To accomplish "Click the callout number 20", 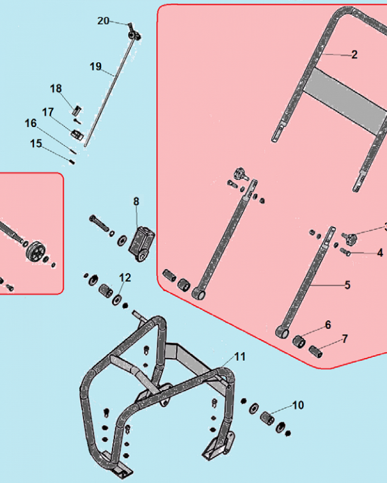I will (x=104, y=21).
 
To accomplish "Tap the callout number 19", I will (x=95, y=66).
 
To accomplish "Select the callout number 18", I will (x=56, y=89).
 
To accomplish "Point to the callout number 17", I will (x=47, y=113).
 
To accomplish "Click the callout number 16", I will (x=30, y=124).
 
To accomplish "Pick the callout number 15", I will (x=36, y=143).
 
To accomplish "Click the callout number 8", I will (x=136, y=201).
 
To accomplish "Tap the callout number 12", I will (x=125, y=278).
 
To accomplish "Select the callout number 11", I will (x=240, y=357).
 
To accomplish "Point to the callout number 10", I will (x=298, y=405).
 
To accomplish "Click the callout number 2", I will (x=354, y=55).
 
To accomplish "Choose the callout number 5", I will (x=347, y=285).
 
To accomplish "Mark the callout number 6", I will (x=328, y=325).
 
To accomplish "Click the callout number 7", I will (x=345, y=339).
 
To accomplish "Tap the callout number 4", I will (x=380, y=253).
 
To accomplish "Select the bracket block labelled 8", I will (x=141, y=243).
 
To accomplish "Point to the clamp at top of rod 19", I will (x=134, y=34).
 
